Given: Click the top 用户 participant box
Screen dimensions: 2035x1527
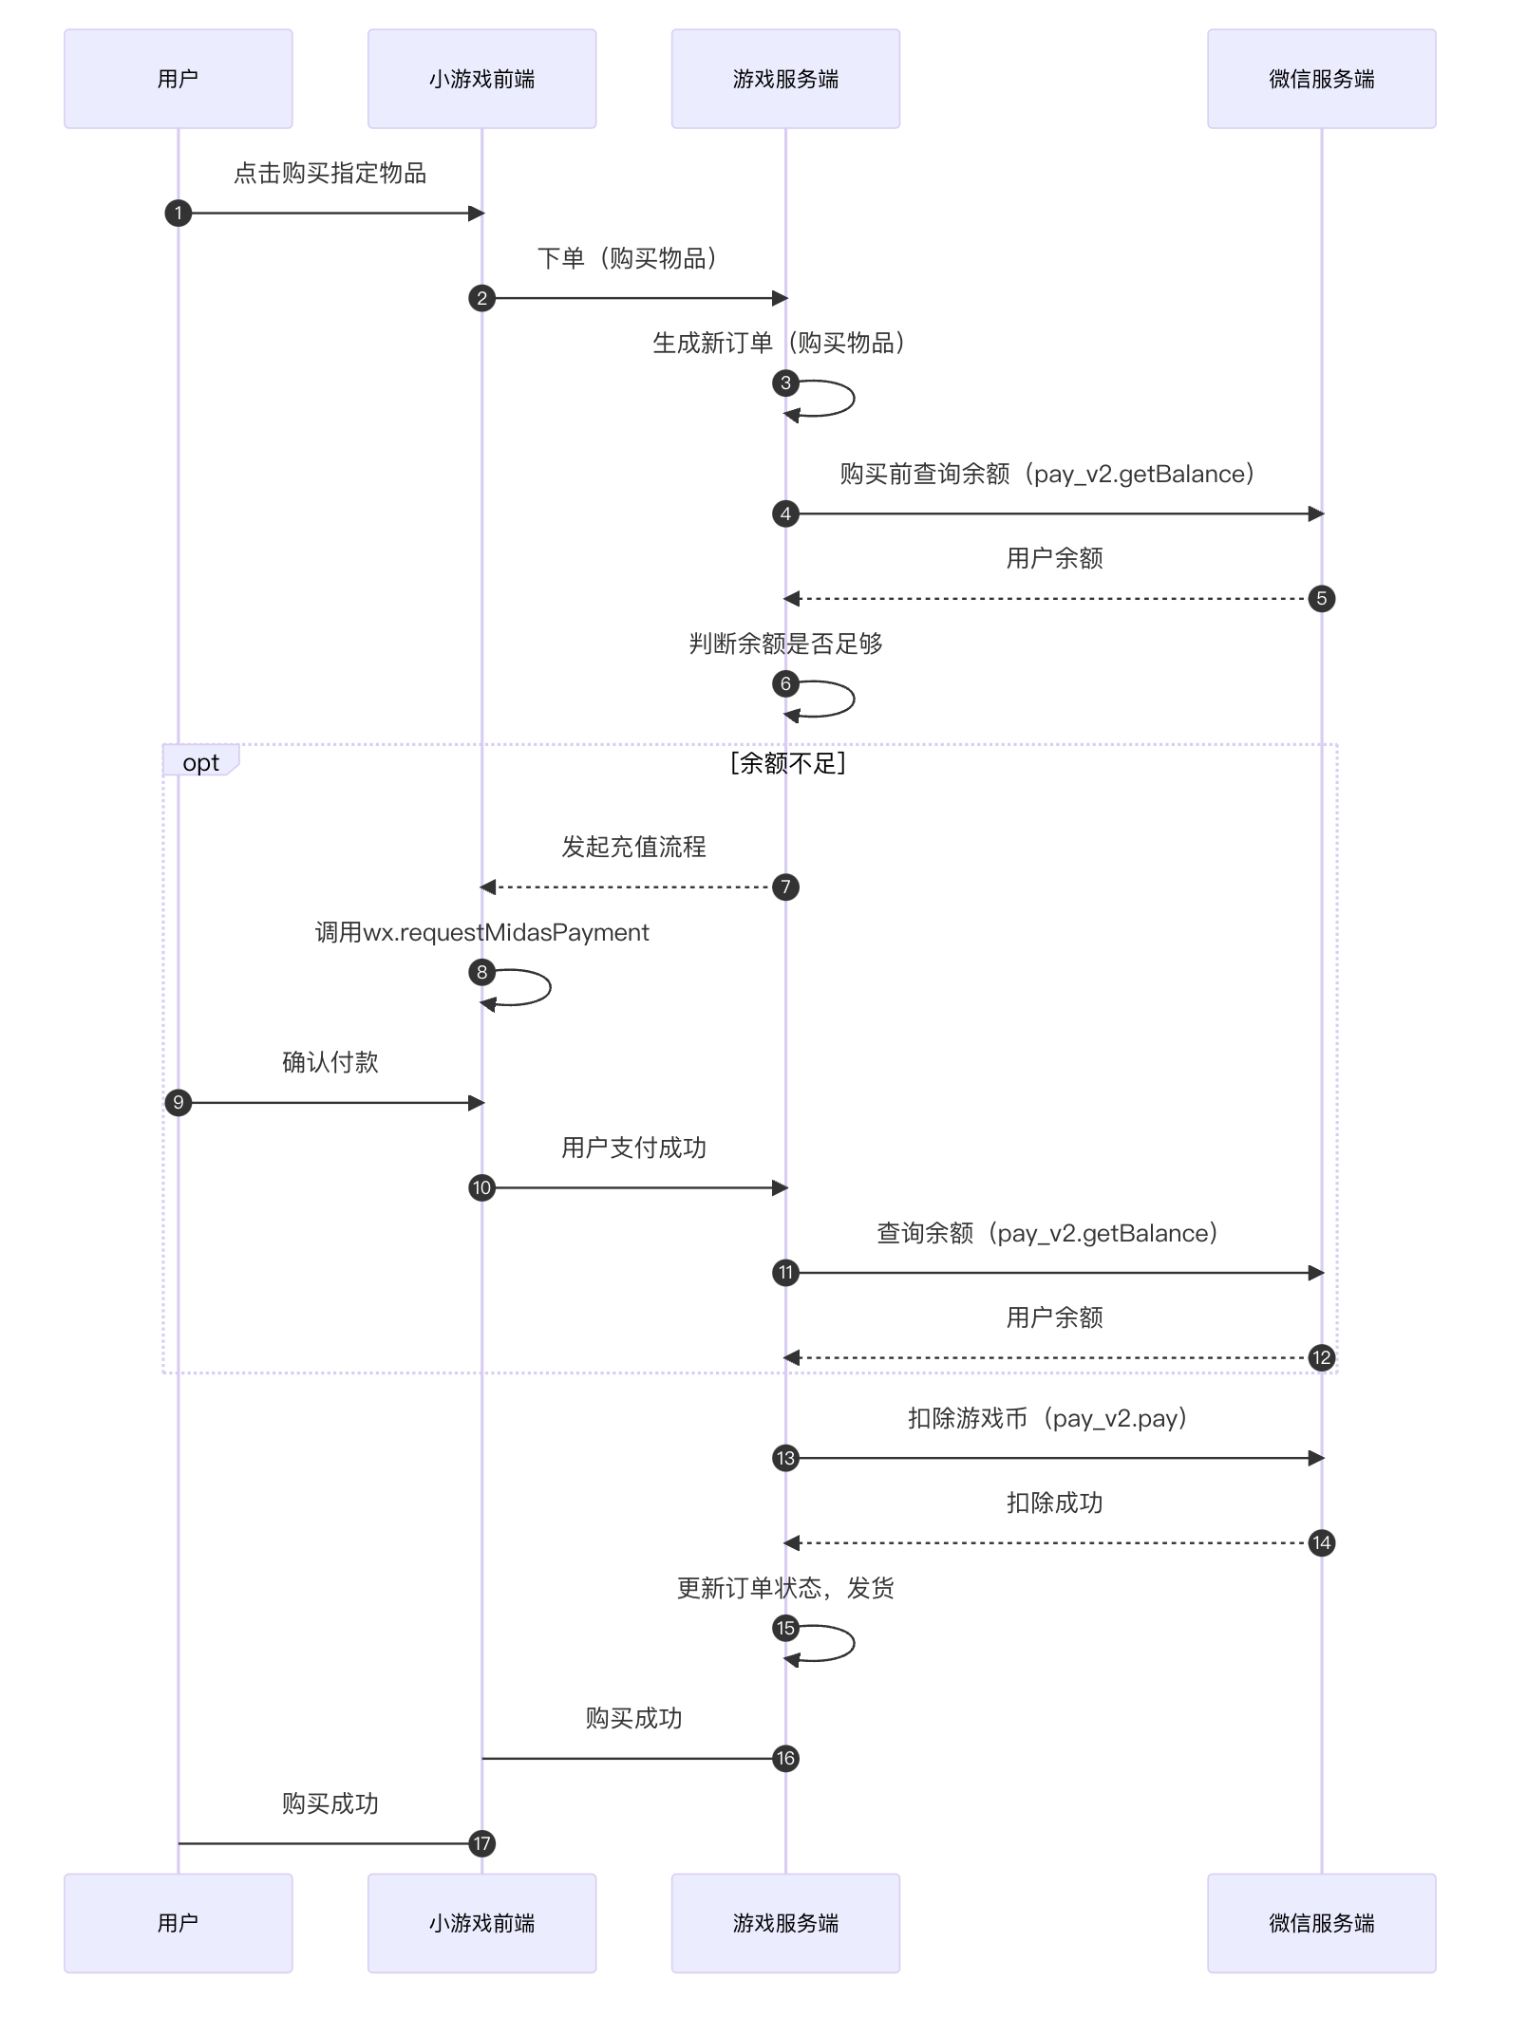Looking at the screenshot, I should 178,79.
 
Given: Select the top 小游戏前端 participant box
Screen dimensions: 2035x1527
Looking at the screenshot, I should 481,79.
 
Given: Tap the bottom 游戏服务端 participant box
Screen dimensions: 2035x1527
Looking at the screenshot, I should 785,1923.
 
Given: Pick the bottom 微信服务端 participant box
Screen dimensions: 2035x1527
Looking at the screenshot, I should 1321,1923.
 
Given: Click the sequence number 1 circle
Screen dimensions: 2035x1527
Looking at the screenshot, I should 178,213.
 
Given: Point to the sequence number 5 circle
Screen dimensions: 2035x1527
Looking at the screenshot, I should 1321,599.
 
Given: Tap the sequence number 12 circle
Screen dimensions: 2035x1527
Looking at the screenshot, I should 1321,1357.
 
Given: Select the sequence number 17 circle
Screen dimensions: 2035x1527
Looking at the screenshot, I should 481,1843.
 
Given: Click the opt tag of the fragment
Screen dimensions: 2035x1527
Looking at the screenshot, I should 200,762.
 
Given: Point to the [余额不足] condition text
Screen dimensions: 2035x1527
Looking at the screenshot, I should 787,763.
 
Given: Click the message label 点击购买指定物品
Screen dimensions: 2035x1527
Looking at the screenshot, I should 330,173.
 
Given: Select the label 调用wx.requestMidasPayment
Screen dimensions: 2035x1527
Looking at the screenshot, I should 481,932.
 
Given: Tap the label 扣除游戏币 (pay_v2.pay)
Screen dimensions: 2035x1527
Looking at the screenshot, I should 1047,1418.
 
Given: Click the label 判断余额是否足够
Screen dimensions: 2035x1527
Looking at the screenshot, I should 785,644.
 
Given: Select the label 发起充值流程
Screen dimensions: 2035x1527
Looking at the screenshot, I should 633,847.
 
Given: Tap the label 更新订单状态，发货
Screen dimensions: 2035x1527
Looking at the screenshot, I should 785,1588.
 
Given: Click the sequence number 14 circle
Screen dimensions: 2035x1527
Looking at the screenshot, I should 1321,1542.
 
